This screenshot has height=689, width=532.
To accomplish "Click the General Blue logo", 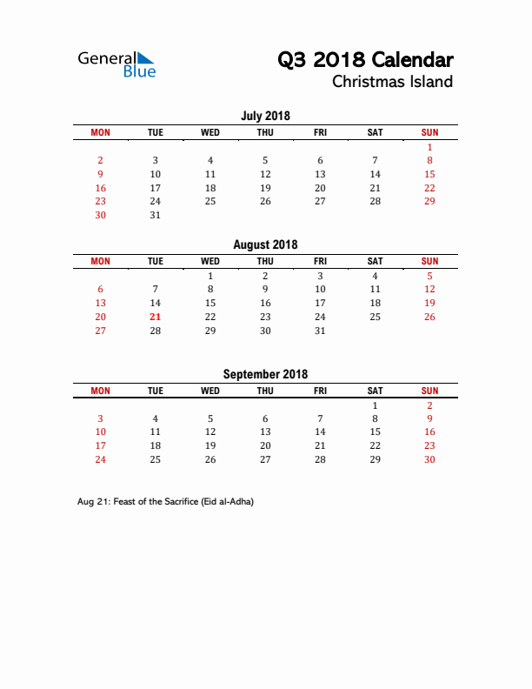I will (116, 64).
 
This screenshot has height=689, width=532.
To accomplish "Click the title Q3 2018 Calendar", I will (365, 60).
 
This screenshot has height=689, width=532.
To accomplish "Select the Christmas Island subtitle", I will (392, 82).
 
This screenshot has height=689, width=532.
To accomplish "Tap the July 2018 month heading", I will (265, 116).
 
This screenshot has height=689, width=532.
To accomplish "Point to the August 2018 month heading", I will (265, 244).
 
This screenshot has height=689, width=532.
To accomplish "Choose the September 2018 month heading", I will (265, 374).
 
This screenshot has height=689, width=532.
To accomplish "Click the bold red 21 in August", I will (156, 317).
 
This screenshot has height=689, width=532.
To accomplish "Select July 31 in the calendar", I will (156, 215).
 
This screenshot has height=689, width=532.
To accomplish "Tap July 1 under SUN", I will (429, 147).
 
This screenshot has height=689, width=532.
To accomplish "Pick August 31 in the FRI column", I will (320, 331).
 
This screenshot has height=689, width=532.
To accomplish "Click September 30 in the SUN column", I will (429, 459).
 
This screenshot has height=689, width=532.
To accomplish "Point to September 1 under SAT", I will (375, 405).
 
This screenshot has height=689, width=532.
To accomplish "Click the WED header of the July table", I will (210, 132).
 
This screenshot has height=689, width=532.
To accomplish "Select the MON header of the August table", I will (101, 261).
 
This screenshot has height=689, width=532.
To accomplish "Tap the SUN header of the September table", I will (429, 391).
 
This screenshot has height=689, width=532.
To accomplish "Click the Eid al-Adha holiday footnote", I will (165, 502).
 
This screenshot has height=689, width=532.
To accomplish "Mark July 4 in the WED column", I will (210, 160).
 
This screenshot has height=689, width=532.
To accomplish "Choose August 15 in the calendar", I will (210, 303).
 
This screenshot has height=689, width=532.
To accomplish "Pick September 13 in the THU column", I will (265, 431).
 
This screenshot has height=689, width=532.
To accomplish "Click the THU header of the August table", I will (265, 261).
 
